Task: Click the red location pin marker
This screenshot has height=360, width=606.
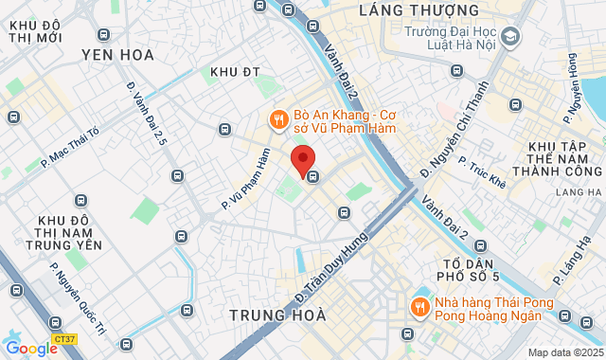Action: click(303, 161)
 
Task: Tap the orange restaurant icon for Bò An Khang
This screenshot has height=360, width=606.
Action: click(277, 119)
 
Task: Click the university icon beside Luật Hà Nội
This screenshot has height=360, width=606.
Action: click(511, 37)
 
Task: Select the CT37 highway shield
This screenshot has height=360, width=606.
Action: click(65, 337)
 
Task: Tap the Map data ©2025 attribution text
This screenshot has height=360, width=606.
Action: click(564, 352)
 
